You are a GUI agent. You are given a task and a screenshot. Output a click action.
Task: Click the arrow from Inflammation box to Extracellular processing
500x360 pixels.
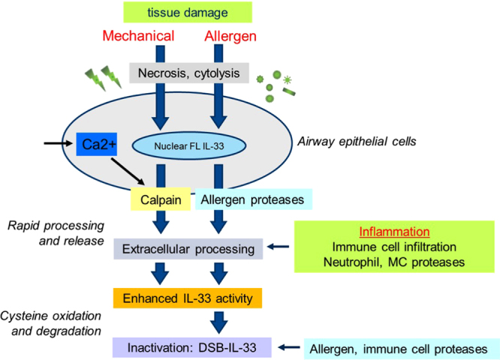pos(279,247)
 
